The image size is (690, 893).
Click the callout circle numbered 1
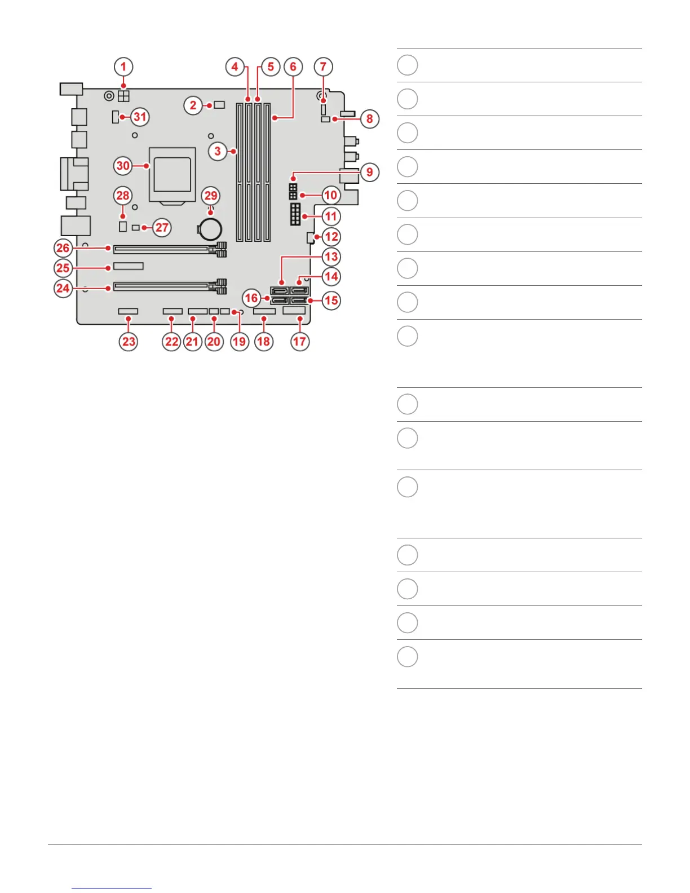123,67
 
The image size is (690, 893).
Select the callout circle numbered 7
323,67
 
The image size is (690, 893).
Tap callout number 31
140,117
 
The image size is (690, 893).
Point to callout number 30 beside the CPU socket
123,166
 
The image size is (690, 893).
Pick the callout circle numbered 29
211,196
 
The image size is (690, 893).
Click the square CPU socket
172,174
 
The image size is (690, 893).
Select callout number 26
63,247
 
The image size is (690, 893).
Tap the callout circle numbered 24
63,289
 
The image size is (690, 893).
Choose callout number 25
63,268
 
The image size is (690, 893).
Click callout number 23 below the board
129,341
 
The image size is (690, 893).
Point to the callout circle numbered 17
300,341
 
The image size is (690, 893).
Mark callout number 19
240,341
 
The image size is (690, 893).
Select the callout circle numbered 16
251,298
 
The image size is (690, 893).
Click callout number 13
331,257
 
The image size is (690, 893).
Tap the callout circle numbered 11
331,216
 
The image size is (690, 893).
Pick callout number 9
369,172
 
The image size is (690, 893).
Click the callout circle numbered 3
218,151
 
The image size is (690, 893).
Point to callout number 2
193,105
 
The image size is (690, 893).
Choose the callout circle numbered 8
370,119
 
